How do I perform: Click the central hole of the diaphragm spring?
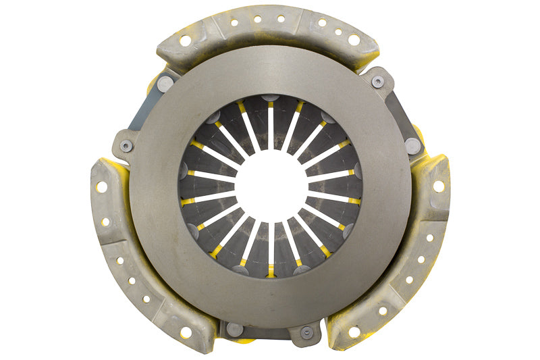point(270,184)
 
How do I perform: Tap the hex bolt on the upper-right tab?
point(378,81)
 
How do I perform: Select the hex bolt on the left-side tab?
point(126,145)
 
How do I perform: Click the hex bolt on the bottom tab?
point(306,332)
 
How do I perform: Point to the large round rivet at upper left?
point(165,83)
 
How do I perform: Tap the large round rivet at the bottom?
point(234,329)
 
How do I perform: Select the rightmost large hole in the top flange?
point(354,40)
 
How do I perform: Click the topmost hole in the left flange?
point(102,186)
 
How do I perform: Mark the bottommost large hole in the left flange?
point(186,332)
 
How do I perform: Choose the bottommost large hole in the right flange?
point(354,332)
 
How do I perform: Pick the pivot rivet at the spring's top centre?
point(270,99)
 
